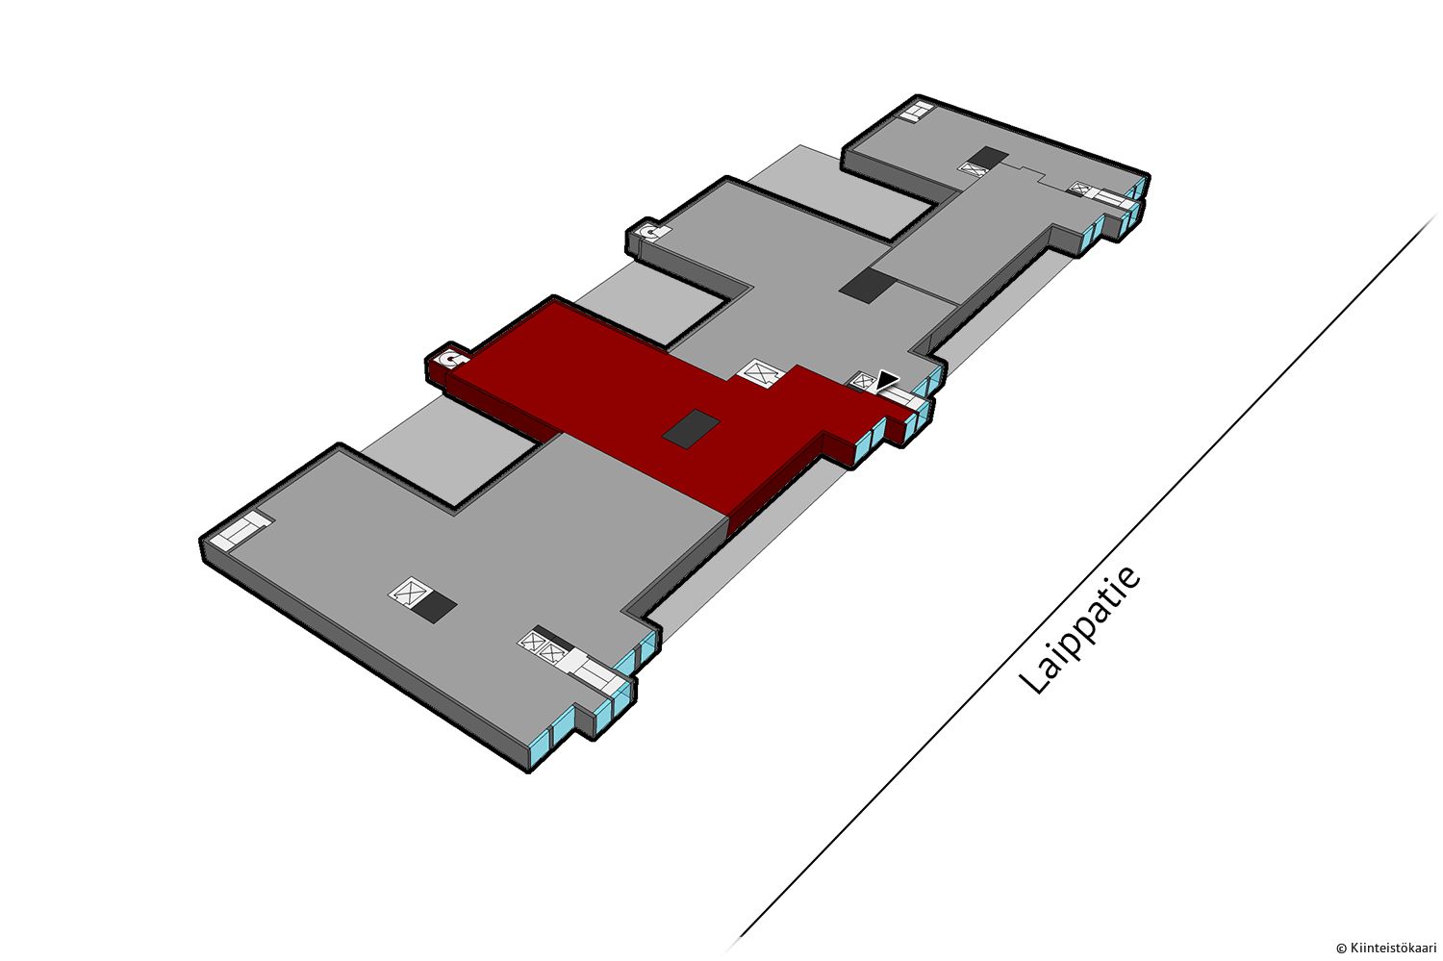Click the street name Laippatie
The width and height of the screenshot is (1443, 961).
[1079, 631]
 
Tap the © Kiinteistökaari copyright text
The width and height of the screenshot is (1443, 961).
[1385, 948]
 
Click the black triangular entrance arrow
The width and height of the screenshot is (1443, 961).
[888, 380]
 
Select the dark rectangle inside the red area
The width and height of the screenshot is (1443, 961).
[692, 429]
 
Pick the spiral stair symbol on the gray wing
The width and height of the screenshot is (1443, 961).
[651, 232]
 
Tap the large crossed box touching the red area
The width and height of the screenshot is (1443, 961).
[762, 373]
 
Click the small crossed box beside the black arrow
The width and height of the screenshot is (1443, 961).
[861, 381]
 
